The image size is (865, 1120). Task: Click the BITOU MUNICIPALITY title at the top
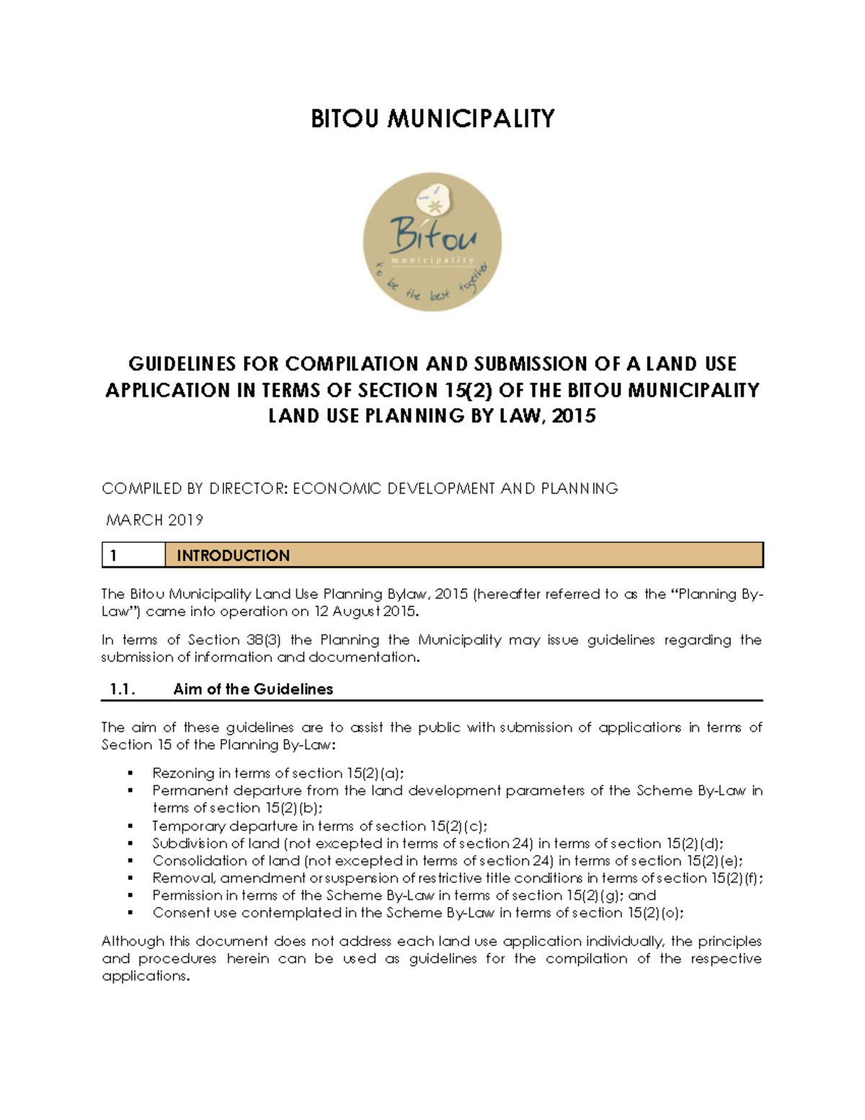pyautogui.click(x=432, y=118)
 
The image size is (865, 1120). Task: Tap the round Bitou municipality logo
pyautogui.click(x=432, y=242)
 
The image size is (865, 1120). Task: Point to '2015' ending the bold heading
pyautogui.click(x=573, y=416)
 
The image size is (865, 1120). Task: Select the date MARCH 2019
pyautogui.click(x=154, y=520)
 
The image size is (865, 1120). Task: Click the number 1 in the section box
pyautogui.click(x=114, y=555)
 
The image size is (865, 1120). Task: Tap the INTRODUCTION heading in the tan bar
pyautogui.click(x=234, y=555)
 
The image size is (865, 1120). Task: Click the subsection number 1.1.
pyautogui.click(x=123, y=689)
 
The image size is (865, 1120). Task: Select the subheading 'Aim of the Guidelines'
pyautogui.click(x=253, y=689)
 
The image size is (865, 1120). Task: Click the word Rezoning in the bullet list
pyautogui.click(x=183, y=773)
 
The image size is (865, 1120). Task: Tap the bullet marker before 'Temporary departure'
pyautogui.click(x=130, y=826)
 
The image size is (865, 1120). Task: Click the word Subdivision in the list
pyautogui.click(x=185, y=844)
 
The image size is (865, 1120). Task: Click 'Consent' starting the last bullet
pyautogui.click(x=176, y=913)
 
